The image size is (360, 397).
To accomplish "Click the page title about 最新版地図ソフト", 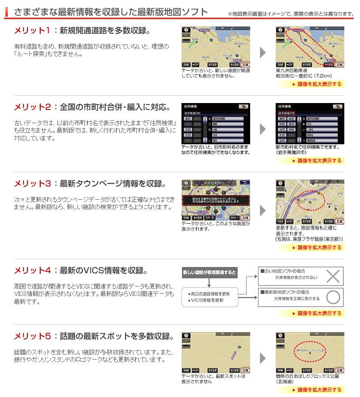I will [110, 12].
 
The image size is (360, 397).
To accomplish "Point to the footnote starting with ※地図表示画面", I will [291, 13].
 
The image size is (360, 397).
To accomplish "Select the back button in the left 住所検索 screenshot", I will [243, 106].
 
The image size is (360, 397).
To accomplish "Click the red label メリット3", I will [32, 184].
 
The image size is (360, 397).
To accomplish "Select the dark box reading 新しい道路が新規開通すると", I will [209, 272].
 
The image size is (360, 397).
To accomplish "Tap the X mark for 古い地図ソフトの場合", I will [333, 276].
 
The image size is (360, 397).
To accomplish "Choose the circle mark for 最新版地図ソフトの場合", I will [333, 297].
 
